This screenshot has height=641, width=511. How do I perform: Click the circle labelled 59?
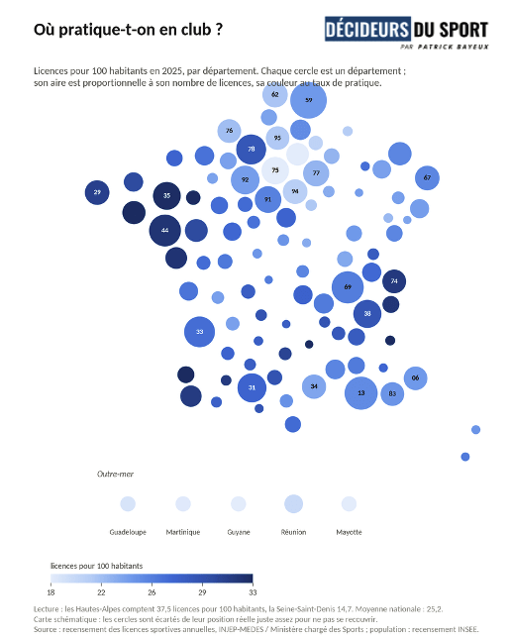(x=308, y=100)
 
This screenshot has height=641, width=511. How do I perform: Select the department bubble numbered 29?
(x=97, y=192)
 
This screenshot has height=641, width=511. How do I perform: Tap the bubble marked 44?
(x=165, y=230)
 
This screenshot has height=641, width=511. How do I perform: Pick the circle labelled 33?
(x=199, y=332)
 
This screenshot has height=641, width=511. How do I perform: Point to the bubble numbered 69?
(x=348, y=287)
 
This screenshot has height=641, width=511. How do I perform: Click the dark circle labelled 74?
(x=394, y=281)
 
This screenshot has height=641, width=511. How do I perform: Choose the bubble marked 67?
(x=427, y=177)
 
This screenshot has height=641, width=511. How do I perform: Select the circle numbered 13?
(x=361, y=393)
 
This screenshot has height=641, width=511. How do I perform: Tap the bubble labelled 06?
(x=415, y=378)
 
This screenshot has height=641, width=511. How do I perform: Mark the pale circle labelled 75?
(x=275, y=170)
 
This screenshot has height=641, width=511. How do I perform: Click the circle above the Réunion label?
(x=294, y=503)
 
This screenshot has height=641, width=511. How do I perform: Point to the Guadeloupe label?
(x=128, y=532)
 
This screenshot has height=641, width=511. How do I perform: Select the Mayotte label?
(x=349, y=532)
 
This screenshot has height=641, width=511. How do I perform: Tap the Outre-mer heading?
(x=115, y=474)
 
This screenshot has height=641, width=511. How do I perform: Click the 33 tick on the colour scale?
(x=253, y=592)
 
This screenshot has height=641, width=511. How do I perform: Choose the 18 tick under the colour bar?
(x=51, y=592)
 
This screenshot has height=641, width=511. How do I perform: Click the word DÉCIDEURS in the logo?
(x=367, y=29)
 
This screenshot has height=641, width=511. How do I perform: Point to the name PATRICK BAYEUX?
(x=453, y=47)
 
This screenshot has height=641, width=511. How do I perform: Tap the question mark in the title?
(x=219, y=30)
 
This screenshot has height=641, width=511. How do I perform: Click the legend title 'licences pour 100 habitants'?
(x=96, y=566)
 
